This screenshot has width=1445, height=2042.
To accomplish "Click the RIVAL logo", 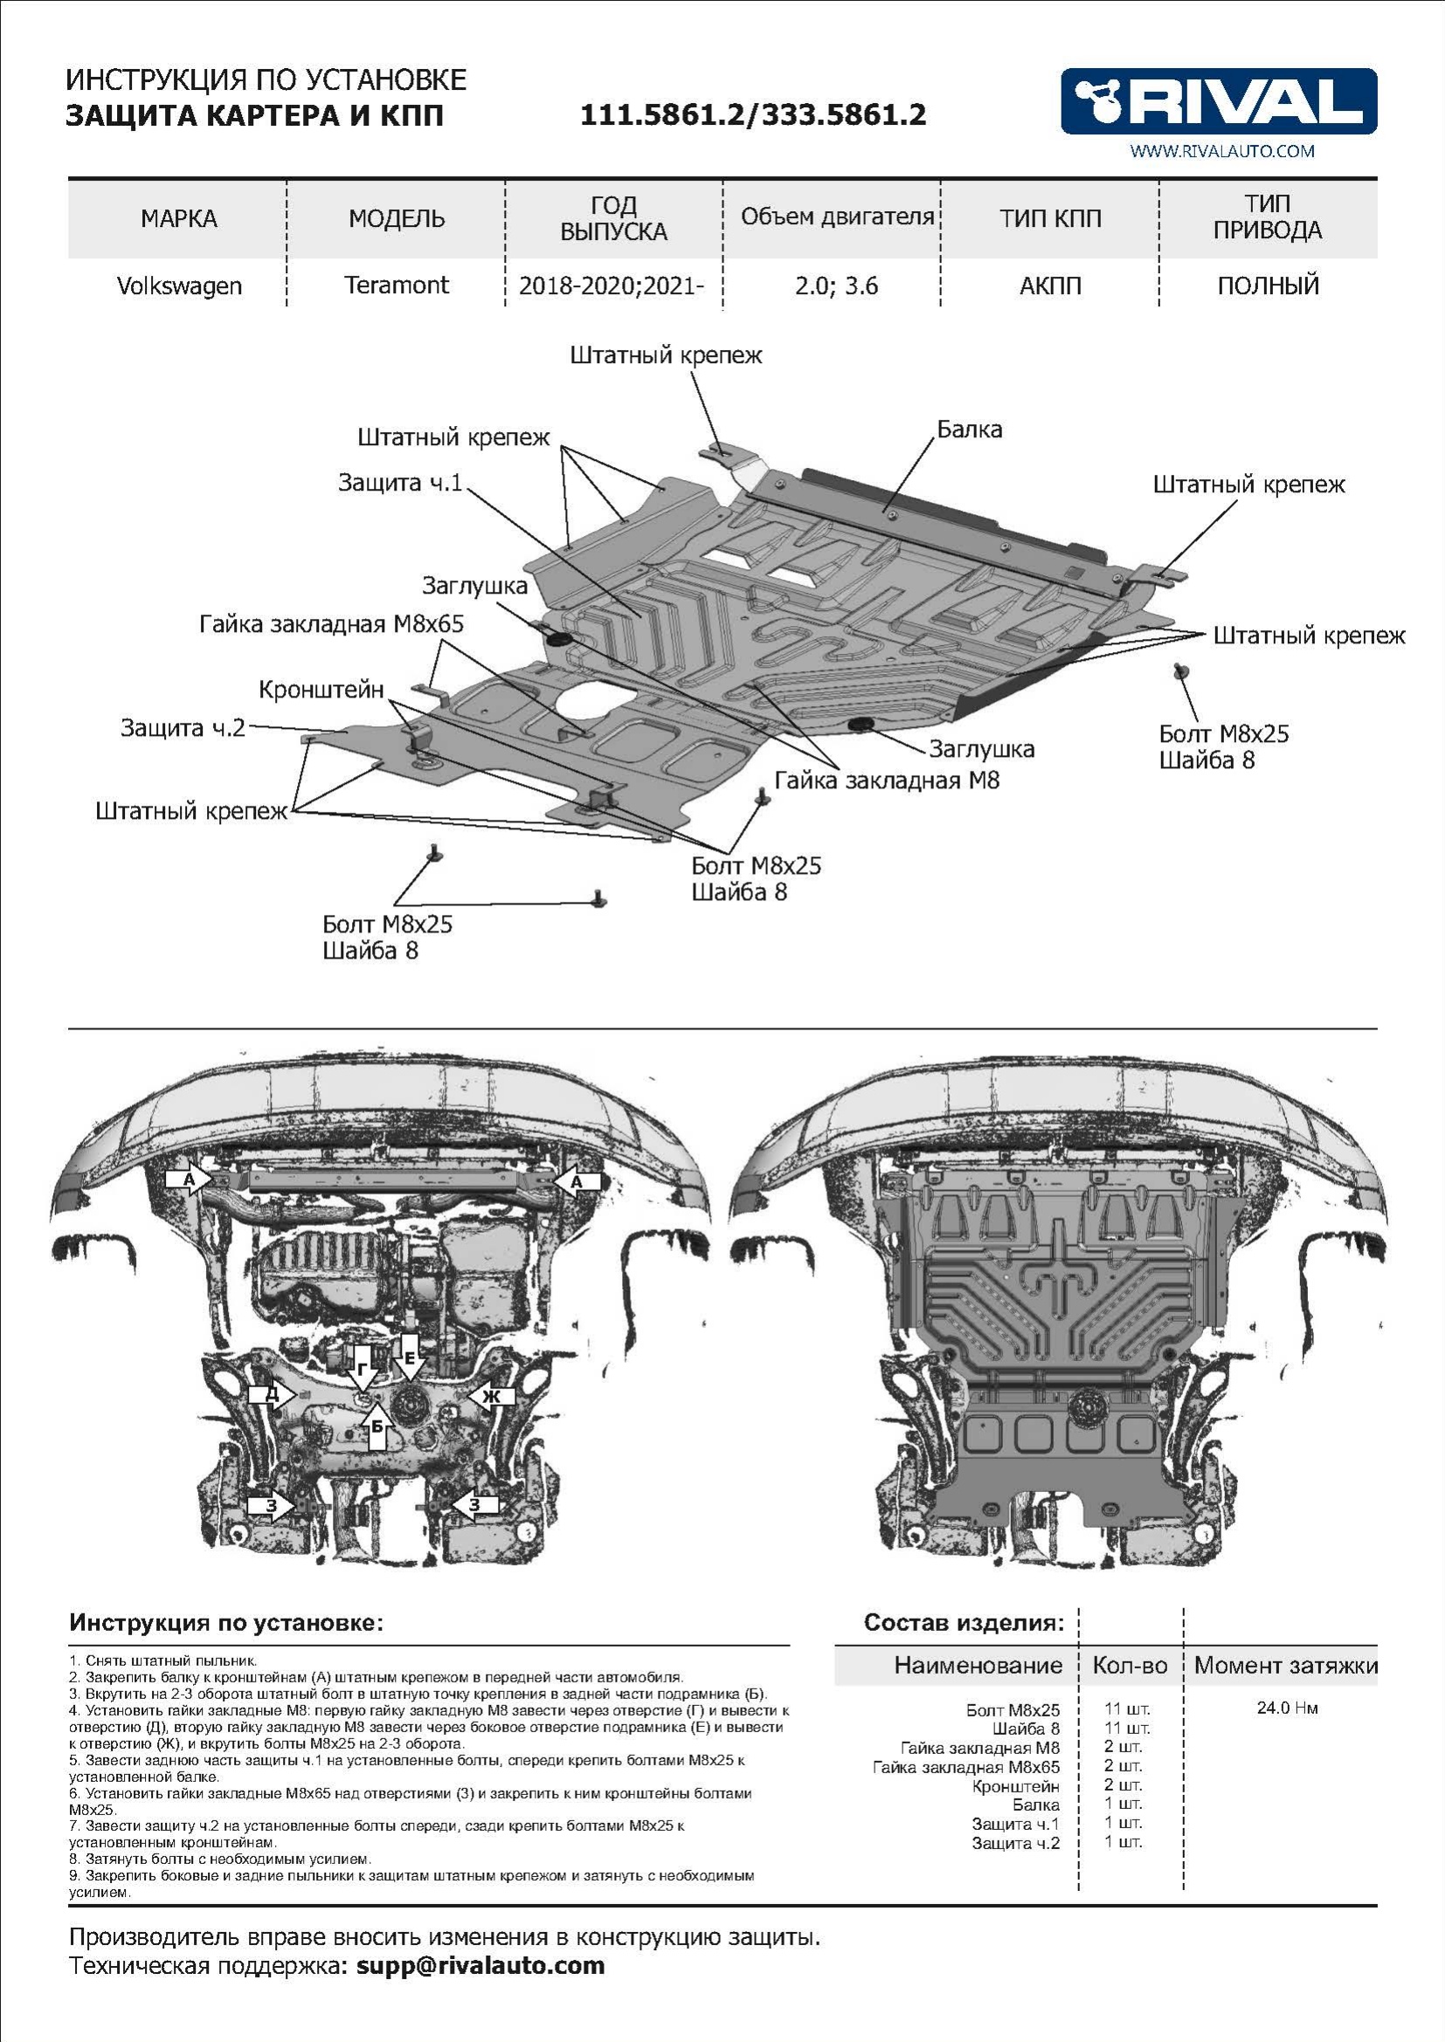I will (x=1218, y=100).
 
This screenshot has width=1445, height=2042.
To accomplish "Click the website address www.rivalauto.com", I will (x=1221, y=151).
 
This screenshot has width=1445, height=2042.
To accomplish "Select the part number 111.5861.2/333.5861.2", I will (x=753, y=114).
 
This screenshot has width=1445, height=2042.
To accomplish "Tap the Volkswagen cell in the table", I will (x=179, y=286).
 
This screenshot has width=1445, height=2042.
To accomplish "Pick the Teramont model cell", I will (x=396, y=285).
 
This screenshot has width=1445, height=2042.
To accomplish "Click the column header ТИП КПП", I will (x=1050, y=219).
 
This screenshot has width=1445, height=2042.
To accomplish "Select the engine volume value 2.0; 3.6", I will (x=835, y=286).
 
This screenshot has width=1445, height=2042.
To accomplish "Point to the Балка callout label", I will (x=969, y=430).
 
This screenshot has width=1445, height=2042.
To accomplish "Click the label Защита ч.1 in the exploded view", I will (x=399, y=483).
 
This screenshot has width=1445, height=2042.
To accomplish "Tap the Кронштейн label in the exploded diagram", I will (x=321, y=690).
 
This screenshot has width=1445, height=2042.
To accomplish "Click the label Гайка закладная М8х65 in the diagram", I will (x=331, y=624).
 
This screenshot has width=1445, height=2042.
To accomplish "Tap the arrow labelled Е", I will (x=409, y=1357).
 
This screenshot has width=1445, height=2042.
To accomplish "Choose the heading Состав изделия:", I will (x=964, y=1623).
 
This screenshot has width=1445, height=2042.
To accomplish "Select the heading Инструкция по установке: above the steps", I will (x=226, y=1623).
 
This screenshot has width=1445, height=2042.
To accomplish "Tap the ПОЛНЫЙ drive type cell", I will (x=1268, y=286).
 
